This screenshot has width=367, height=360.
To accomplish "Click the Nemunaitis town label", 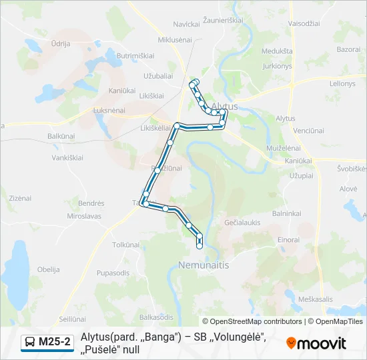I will click(x=204, y=265).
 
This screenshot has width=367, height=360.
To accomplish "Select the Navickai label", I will click(x=187, y=24).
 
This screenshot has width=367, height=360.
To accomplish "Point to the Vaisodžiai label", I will click(x=304, y=23).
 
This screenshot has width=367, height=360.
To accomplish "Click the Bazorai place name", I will click(x=348, y=49).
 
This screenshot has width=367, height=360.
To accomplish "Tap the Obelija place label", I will click(x=49, y=269).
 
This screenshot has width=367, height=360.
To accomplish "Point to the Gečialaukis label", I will click(x=243, y=221).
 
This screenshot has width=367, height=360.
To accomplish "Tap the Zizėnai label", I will click(x=20, y=198).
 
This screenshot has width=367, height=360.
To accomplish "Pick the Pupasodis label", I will click(x=113, y=273).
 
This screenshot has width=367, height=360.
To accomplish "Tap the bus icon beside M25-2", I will click(x=30, y=343).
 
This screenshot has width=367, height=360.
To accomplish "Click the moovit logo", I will click(x=316, y=343).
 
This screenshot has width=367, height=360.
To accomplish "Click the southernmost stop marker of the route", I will click(x=200, y=246).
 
